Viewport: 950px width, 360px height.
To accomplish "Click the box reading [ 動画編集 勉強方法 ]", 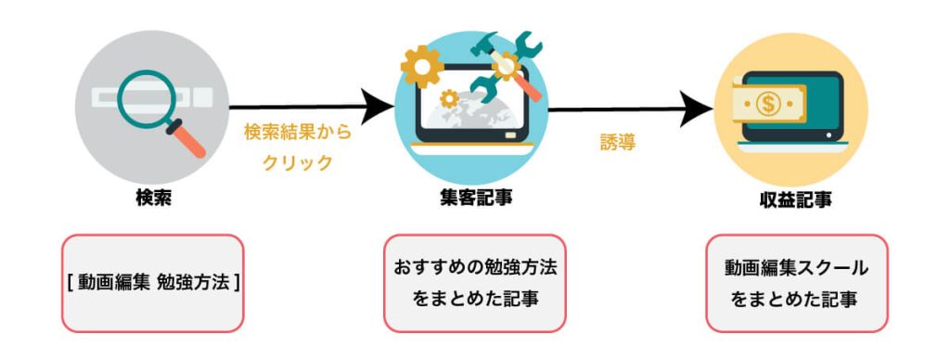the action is coord(153,283).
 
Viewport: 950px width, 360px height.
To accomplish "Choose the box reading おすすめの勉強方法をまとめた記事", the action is coord(474,283).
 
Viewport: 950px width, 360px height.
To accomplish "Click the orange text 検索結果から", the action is coord(298,133).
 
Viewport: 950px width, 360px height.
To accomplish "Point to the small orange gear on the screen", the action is coord(450,97).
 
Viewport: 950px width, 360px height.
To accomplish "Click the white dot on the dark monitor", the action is coord(828,135).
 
